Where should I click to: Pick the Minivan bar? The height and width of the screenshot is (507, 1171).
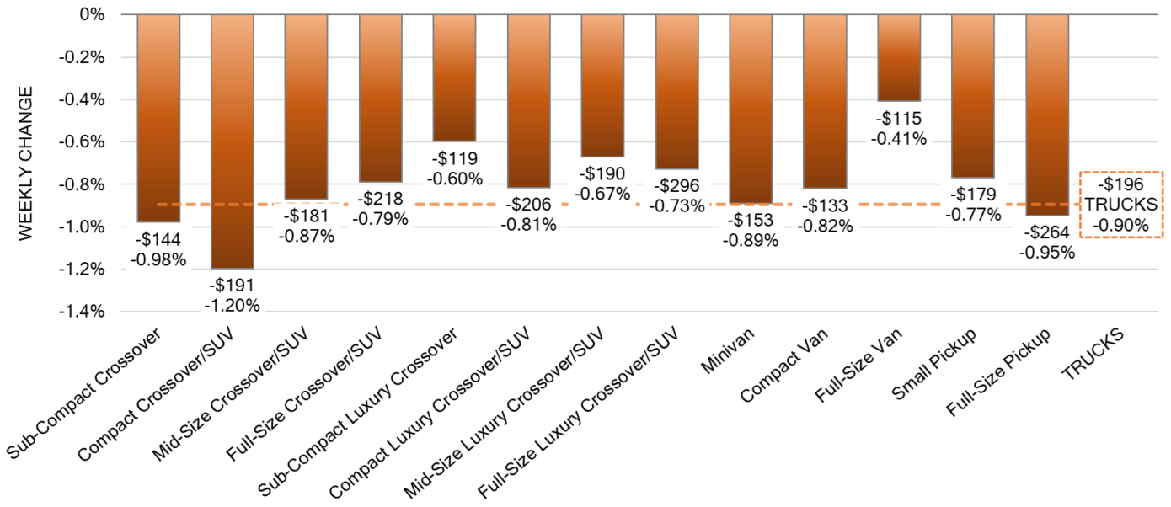tap(751, 109)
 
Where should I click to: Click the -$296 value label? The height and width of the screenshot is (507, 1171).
tap(676, 185)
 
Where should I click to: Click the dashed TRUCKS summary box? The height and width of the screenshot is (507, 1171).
tap(1120, 205)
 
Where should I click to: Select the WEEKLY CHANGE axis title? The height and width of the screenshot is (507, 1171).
tap(25, 163)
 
